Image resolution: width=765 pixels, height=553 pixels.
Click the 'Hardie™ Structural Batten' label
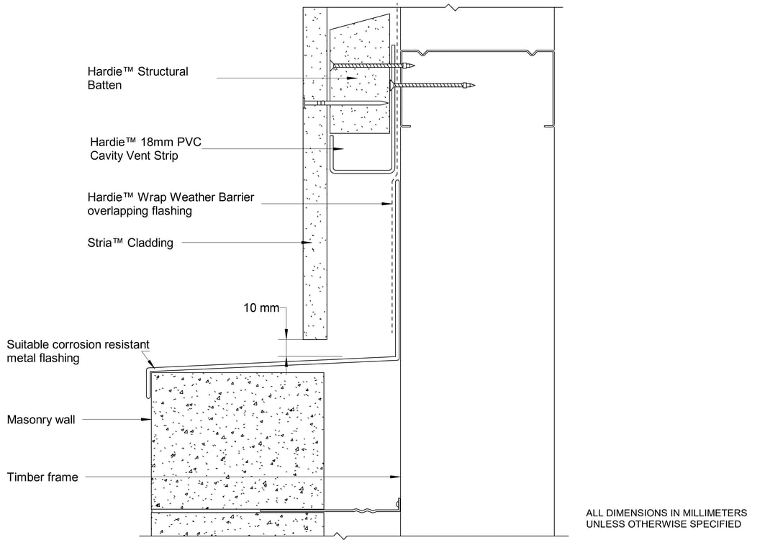pyautogui.click(x=137, y=78)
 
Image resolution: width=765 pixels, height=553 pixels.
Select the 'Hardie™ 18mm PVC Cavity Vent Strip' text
pyautogui.click(x=145, y=149)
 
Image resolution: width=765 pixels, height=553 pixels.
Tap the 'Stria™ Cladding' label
pyautogui.click(x=130, y=243)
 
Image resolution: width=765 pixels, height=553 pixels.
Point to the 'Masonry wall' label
pyautogui.click(x=41, y=420)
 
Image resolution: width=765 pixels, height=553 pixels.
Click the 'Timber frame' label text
pyautogui.click(x=42, y=477)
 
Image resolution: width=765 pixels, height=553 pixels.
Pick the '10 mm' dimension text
pyautogui.click(x=261, y=307)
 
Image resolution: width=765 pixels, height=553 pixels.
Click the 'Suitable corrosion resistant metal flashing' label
pyautogui.click(x=78, y=351)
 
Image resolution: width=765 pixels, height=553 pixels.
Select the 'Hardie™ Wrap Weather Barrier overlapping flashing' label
pyautogui.click(x=171, y=204)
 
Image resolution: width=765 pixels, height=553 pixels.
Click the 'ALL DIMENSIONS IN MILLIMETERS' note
pyautogui.click(x=666, y=513)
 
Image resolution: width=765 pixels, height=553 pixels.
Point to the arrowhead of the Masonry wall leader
pyautogui.click(x=146, y=419)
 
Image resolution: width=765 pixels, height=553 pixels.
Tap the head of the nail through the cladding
pyautogui.click(x=304, y=103)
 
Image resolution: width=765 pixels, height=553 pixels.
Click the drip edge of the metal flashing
pyautogui.click(x=146, y=384)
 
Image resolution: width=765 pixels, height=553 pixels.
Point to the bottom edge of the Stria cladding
pyautogui.click(x=314, y=339)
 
